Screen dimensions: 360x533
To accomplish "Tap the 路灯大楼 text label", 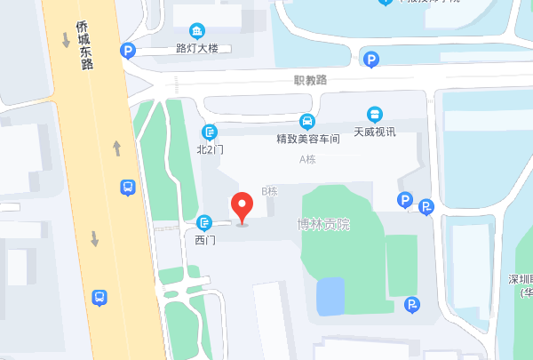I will (x=197, y=49).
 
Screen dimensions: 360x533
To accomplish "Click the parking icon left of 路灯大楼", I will (x=128, y=52).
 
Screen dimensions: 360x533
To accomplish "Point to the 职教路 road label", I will (x=310, y=80).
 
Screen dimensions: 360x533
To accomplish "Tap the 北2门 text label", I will (x=211, y=149).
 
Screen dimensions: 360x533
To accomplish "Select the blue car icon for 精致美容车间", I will (x=306, y=122).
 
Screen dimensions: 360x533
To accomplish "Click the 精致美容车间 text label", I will (x=306, y=139).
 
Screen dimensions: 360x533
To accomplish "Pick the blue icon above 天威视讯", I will (x=375, y=114).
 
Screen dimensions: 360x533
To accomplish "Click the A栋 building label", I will (x=307, y=159).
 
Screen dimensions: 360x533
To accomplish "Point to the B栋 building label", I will (x=270, y=191).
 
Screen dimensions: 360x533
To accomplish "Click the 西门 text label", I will (x=205, y=239).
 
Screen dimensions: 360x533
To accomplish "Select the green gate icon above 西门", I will (x=205, y=222).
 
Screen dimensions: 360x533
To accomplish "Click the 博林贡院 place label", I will (x=323, y=224).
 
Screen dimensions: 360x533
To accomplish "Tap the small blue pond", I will (x=330, y=296).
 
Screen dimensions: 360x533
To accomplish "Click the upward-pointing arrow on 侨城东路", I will (x=116, y=147).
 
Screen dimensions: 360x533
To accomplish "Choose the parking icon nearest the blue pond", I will (x=412, y=306).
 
